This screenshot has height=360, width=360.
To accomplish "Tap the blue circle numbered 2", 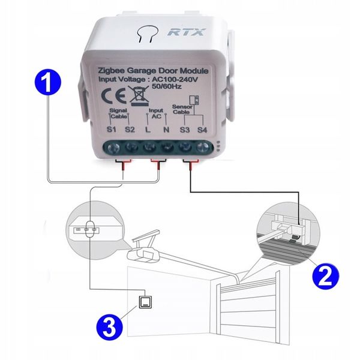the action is click(x=325, y=275).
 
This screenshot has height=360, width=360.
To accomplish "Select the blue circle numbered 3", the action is click(x=110, y=326).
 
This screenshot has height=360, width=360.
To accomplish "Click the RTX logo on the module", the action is click(x=185, y=32).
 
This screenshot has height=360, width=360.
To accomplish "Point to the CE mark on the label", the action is click(x=113, y=95).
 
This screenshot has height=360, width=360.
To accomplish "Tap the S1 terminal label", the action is click(x=112, y=130).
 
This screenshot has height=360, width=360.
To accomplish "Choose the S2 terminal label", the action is click(x=130, y=130).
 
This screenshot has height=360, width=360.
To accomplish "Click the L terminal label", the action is click(x=148, y=130).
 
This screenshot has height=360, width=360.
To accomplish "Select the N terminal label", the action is click(x=166, y=130).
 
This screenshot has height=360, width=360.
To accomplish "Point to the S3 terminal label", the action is click(x=185, y=130).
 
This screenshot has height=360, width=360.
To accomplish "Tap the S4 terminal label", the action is click(x=202, y=130).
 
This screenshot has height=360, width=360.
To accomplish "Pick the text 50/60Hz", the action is click(x=167, y=86).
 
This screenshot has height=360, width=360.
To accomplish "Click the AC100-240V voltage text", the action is click(x=175, y=79).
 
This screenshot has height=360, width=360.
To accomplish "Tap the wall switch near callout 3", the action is click(x=146, y=302).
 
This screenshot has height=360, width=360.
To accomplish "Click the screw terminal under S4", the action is click(x=203, y=147).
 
